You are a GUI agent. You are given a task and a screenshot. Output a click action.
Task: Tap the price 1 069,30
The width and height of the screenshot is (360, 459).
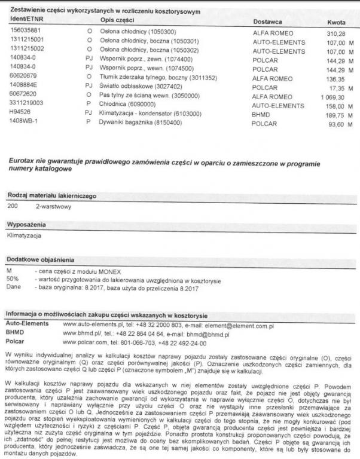[x=333, y=96]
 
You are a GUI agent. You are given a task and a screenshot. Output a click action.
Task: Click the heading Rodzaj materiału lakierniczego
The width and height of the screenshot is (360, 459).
[x=51, y=196]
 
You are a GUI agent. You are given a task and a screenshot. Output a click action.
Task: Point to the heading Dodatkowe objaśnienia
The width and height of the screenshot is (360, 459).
[x=40, y=259]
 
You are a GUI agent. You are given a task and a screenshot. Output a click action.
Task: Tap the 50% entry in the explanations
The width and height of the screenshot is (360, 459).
[x=13, y=279]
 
